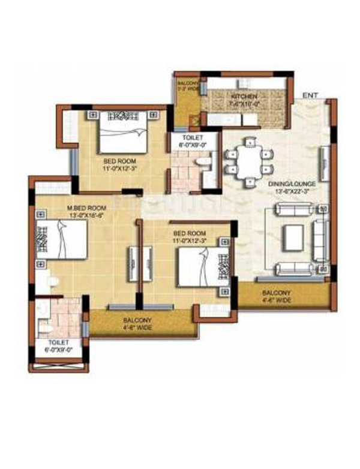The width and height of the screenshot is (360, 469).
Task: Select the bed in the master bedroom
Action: point(61,239)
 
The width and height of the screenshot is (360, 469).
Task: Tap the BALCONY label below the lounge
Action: point(275,293)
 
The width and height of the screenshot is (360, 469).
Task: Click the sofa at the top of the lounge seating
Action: point(293,210)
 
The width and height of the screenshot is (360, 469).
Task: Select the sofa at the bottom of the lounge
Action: point(293,269)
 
